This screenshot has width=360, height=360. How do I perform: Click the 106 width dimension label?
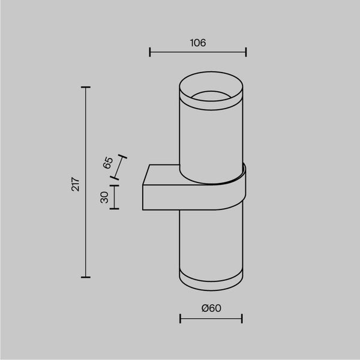pos(198,43)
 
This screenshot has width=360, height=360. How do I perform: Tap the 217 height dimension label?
pos(76,184)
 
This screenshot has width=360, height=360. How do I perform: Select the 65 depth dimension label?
pos(108,163)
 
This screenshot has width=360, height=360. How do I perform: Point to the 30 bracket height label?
pos(104,197)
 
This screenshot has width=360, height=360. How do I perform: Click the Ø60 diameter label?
pos(211,308)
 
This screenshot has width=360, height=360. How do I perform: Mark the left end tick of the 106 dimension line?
pos(149,52)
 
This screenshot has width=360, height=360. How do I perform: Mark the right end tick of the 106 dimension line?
pos(246,52)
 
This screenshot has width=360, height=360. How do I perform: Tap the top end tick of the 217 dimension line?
pos(86,87)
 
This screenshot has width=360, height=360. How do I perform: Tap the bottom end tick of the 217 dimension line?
pos(86,277)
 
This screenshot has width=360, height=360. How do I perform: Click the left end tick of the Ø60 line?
pos(180,319)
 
